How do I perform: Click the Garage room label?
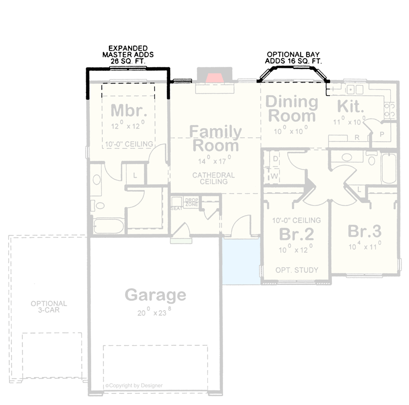[156, 295]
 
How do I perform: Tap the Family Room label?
[215, 139]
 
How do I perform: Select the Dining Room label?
[292, 109]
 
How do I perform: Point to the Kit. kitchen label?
[350, 107]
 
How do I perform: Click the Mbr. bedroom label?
[129, 110]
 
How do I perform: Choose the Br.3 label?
[364, 231]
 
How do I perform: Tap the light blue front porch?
[241, 260]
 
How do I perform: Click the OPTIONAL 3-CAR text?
[49, 307]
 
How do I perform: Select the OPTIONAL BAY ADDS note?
[294, 57]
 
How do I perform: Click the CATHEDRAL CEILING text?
[213, 178]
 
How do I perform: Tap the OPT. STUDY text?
[297, 270]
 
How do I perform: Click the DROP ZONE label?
[191, 201]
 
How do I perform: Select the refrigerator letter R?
[357, 137]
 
